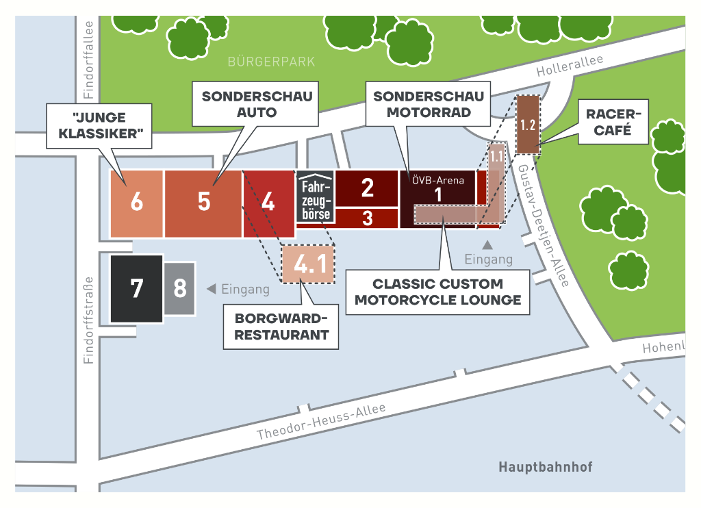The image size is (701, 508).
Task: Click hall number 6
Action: coord(137,203)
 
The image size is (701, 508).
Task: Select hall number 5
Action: coord(203,203)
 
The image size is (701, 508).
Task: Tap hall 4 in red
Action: coord(268,203)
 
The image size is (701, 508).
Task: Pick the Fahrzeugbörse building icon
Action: coord(316,197)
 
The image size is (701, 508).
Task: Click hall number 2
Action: coord(368,188)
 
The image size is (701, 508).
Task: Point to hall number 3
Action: coord(368,218)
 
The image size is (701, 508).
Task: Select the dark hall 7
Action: coord(137,288)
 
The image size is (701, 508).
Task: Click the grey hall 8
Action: coord(180,288)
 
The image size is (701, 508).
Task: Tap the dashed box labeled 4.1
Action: coord(309,264)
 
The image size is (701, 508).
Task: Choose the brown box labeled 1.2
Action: coord(528,125)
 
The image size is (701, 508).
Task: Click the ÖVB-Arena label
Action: coord(438,181)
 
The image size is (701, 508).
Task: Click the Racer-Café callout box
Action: coord(613,122)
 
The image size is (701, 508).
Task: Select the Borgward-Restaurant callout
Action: coord(281,327)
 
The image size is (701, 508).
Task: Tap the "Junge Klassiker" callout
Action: coord(99,126)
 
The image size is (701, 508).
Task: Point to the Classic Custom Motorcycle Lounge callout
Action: coord(437,292)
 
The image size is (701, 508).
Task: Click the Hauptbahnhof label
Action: coord(545,468)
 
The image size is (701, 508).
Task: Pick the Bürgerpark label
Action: coord(271,62)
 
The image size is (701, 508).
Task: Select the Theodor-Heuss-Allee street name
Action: coord(321,422)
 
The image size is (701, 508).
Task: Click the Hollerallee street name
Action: coord(570,66)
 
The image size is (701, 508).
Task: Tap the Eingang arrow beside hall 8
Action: coord(212,288)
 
